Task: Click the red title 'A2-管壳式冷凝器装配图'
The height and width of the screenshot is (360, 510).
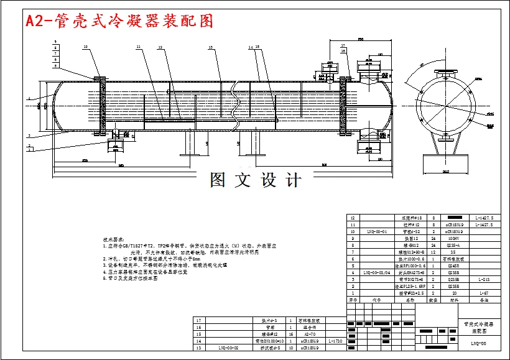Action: (x=119, y=21)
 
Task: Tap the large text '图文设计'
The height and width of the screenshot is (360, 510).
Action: (x=256, y=180)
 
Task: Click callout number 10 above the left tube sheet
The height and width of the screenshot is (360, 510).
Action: (x=86, y=47)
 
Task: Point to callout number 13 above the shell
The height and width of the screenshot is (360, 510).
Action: (x=210, y=47)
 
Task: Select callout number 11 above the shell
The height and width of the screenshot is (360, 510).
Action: (x=139, y=47)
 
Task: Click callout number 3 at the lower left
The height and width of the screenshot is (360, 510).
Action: (x=29, y=134)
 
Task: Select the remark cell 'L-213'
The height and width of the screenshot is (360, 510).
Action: (x=484, y=279)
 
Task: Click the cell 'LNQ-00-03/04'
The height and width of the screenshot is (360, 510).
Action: (x=378, y=272)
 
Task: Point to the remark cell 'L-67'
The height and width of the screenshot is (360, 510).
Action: (x=484, y=293)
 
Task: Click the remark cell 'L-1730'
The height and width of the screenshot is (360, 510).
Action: (x=335, y=341)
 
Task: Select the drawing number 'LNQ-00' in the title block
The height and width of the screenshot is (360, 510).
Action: (x=478, y=343)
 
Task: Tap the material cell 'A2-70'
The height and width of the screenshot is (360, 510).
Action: (x=309, y=334)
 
